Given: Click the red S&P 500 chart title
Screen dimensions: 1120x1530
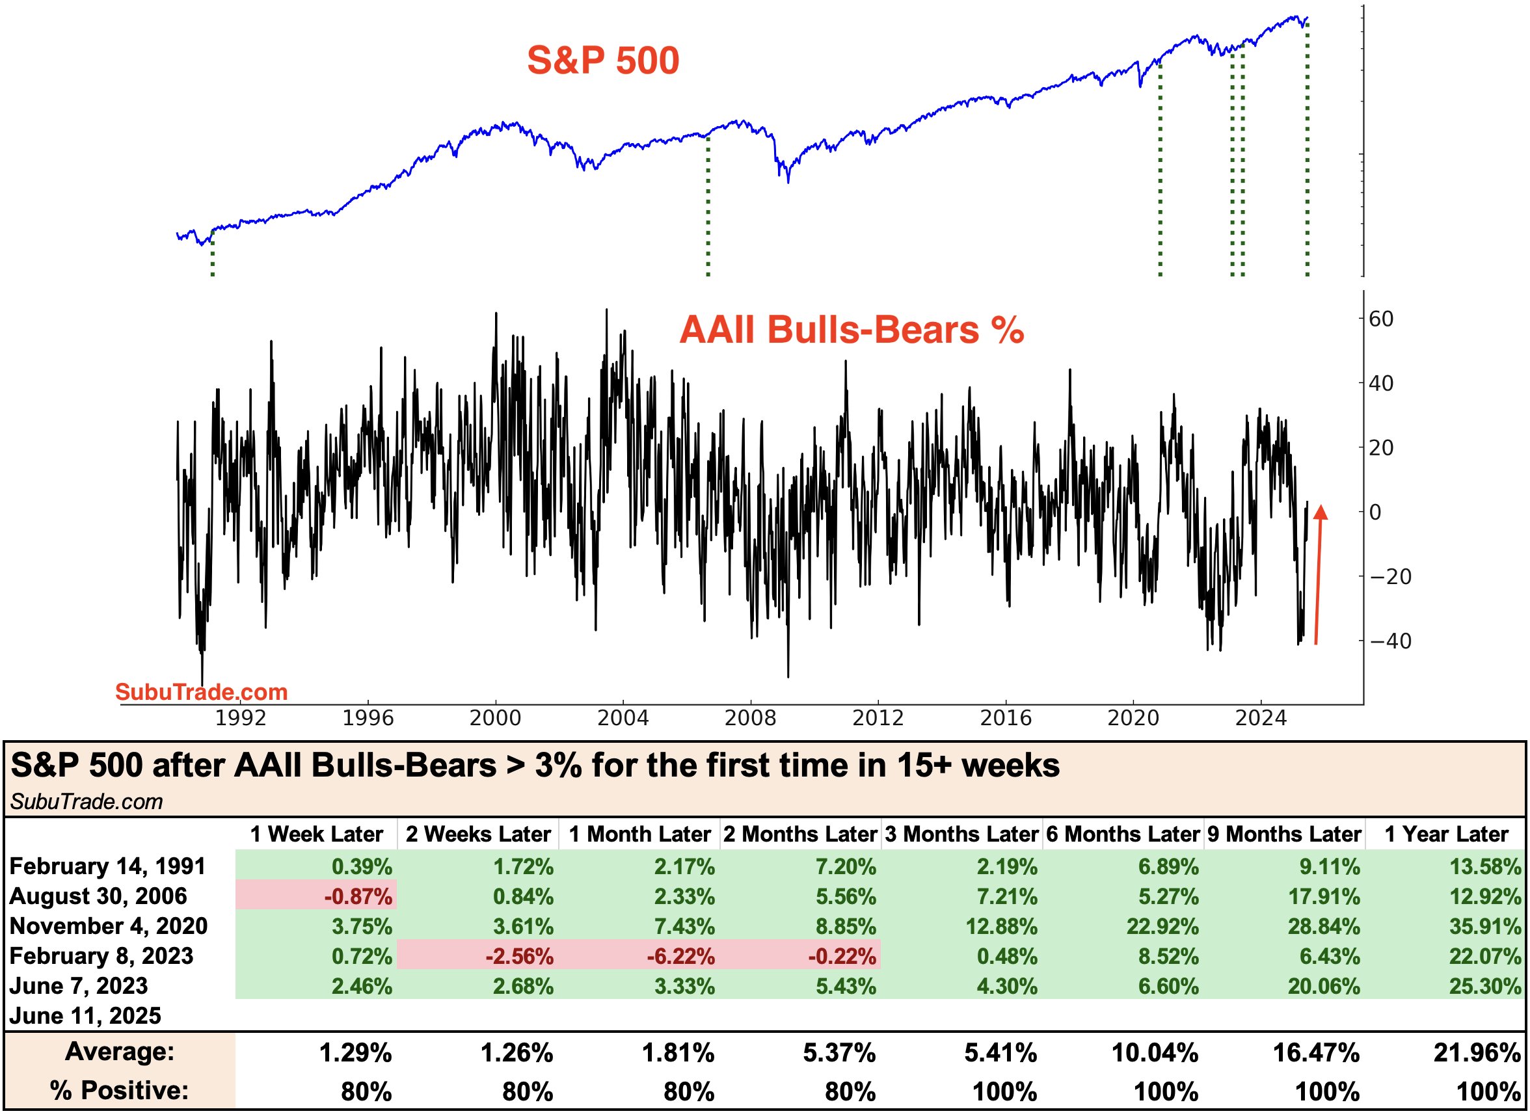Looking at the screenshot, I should [602, 60].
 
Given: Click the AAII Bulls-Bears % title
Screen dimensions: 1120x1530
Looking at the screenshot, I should [851, 330].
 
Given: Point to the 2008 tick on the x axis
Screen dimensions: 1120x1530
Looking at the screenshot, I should [751, 717].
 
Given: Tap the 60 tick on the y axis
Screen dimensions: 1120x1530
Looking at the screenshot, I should [1381, 319].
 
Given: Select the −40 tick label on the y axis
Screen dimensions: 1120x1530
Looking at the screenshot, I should [1390, 641].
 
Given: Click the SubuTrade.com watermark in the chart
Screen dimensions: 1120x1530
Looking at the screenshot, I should [202, 691].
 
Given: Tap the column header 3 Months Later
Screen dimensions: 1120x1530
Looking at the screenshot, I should [961, 834].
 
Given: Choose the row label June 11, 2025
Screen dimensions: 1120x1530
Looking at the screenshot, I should [85, 1015].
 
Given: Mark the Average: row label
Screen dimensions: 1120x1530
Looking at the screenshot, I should [120, 1052].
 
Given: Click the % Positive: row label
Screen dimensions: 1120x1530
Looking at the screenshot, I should [119, 1090].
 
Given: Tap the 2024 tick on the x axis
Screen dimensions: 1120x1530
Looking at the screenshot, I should [1260, 717].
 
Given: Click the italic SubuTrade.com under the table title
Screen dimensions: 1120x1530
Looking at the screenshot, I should [86, 802].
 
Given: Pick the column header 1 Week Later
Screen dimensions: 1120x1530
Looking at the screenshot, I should [317, 834].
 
